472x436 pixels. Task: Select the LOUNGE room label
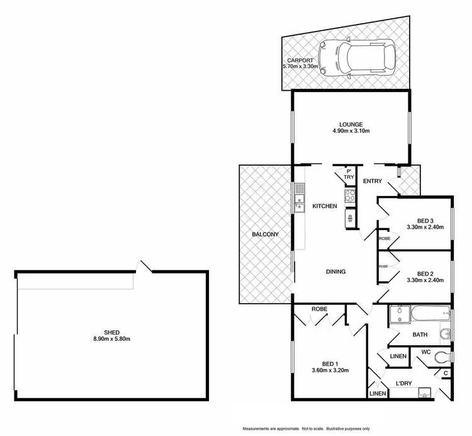(x=351, y=124)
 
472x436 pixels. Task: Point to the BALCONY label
(x=265, y=234)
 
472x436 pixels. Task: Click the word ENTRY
(x=373, y=181)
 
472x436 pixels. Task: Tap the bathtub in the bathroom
(x=429, y=313)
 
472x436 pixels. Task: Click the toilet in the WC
(x=447, y=356)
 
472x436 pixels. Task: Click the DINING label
(x=335, y=272)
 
